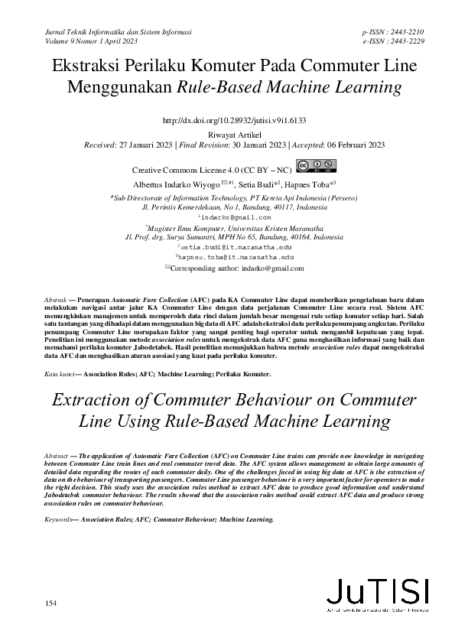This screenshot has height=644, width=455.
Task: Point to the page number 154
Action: coord(51,604)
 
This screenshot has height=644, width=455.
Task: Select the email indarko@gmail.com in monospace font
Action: coord(228,218)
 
